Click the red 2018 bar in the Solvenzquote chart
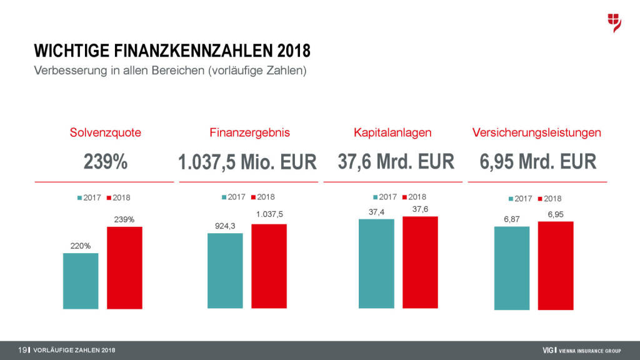pyautogui.click(x=124, y=267)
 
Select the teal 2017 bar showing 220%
pyautogui.click(x=81, y=281)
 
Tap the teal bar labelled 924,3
pyautogui.click(x=225, y=271)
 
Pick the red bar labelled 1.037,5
pyautogui.click(x=269, y=266)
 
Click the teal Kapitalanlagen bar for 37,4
pyautogui.click(x=376, y=264)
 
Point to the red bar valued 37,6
pyautogui.click(x=420, y=262)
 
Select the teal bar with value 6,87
pyautogui.click(x=511, y=267)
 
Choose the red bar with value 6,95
pyautogui.click(x=555, y=265)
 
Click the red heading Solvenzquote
pyautogui.click(x=105, y=132)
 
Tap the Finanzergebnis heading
pyautogui.click(x=249, y=132)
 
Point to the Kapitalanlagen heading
pyautogui.click(x=392, y=132)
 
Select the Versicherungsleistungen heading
pyautogui.click(x=537, y=132)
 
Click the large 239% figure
pyautogui.click(x=106, y=162)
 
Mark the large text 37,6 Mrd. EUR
pyautogui.click(x=396, y=162)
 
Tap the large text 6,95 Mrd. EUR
pyautogui.click(x=538, y=162)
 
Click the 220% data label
pyautogui.click(x=81, y=246)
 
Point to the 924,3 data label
pyautogui.click(x=225, y=226)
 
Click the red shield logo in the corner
pyautogui.click(x=614, y=22)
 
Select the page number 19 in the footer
pyautogui.click(x=22, y=349)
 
